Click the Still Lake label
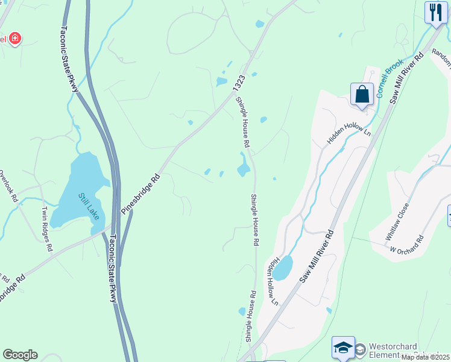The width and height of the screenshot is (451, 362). click(x=89, y=206)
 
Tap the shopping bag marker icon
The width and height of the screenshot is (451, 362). click(x=362, y=94)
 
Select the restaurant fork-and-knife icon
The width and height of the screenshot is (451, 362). click(x=435, y=12)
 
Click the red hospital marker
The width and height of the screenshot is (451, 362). click(x=14, y=39)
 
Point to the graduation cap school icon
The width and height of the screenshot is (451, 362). click(x=343, y=347)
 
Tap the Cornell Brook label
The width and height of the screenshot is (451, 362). click(x=389, y=81)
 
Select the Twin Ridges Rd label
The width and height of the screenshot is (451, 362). click(x=46, y=229)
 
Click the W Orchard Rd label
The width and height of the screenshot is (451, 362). click(x=406, y=244)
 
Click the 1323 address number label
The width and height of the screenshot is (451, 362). click(x=239, y=84)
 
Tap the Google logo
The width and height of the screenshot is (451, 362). click(x=20, y=355)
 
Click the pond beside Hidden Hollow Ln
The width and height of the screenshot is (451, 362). click(x=282, y=268)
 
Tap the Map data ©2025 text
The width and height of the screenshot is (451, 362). click(x=425, y=357)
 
